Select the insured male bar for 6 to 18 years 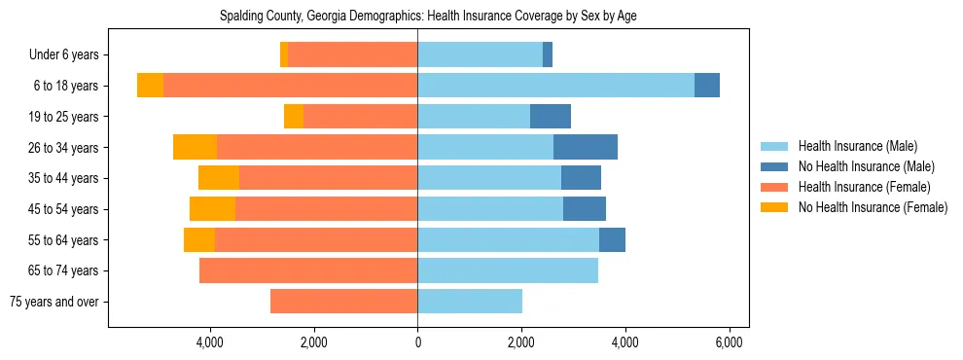(555, 86)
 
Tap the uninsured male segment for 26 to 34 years (586, 147)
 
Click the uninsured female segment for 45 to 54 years (212, 209)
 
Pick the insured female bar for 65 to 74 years (308, 270)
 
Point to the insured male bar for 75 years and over (470, 302)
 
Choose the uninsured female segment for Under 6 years (284, 54)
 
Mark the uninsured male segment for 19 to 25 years (551, 117)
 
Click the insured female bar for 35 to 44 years (328, 178)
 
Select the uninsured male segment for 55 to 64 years (612, 240)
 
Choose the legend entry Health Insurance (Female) (864, 187)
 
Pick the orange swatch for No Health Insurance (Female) (774, 207)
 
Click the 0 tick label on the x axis (417, 342)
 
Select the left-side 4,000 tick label (210, 342)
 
